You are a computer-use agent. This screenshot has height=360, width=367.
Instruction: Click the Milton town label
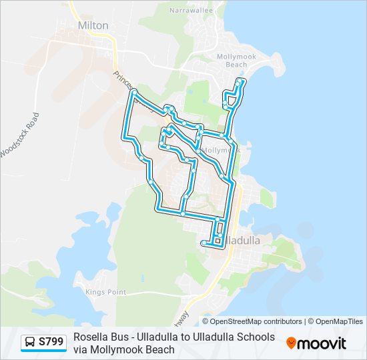[x=93, y=25]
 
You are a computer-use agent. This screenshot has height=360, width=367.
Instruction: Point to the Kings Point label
[x=106, y=292]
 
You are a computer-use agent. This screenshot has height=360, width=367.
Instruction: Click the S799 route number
[x=51, y=342]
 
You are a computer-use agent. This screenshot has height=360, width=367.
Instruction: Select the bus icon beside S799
[x=31, y=343]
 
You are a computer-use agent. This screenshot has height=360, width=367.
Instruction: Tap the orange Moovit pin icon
[x=292, y=343]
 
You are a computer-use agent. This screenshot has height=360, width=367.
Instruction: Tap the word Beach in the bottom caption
[x=161, y=349]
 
